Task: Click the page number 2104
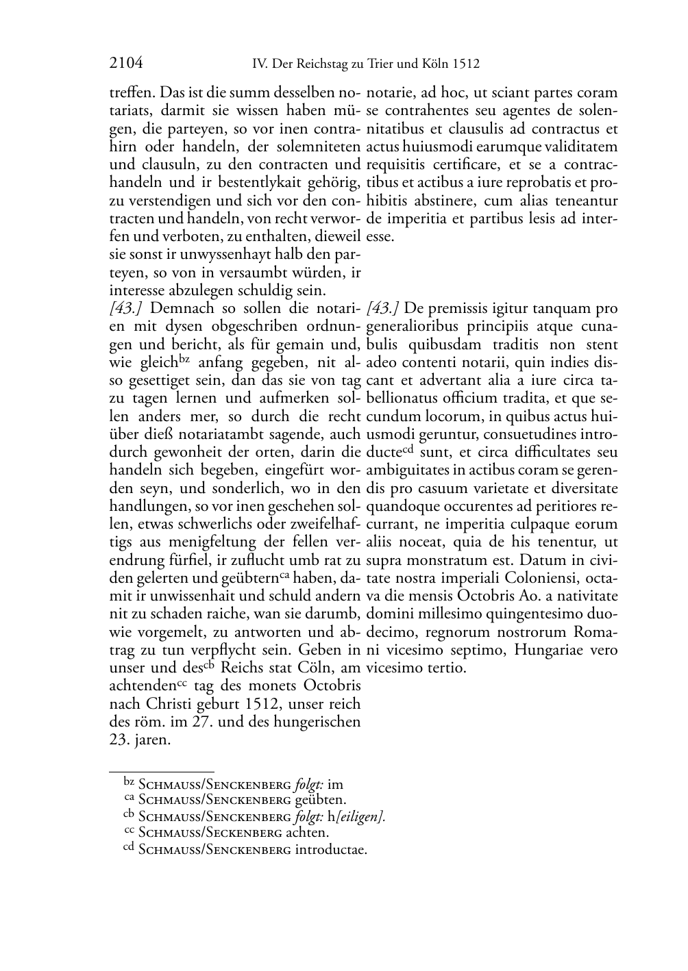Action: pos(126,64)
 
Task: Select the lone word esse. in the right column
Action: pos(380,237)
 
